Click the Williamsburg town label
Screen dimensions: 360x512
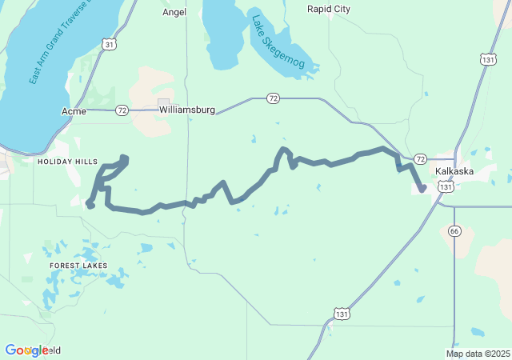point(186,110)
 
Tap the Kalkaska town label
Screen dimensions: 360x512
point(455,171)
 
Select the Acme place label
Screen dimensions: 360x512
point(73,110)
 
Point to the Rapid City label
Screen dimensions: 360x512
point(328,10)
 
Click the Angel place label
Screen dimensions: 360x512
point(174,12)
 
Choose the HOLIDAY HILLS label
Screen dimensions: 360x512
point(67,162)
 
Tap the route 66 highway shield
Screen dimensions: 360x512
point(454,231)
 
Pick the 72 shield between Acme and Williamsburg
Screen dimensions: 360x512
point(122,110)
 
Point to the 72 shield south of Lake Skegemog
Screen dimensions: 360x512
point(274,98)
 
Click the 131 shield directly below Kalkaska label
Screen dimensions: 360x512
point(446,186)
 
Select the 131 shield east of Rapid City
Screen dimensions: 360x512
point(488,59)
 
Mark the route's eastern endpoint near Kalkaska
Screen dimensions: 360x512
point(422,190)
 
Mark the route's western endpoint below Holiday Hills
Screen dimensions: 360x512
point(90,206)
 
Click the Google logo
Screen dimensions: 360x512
point(26,350)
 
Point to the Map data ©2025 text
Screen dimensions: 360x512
point(478,354)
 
